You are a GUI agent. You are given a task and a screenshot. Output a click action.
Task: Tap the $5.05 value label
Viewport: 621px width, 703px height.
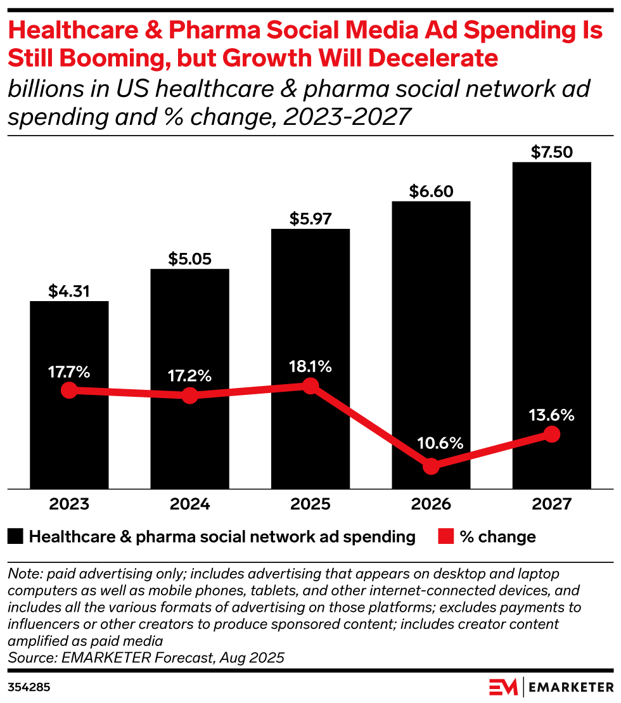pos(189,259)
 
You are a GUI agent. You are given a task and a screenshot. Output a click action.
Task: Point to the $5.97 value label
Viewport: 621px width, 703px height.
pos(310,219)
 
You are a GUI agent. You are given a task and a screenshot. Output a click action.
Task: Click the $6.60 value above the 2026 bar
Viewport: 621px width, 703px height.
pos(431,191)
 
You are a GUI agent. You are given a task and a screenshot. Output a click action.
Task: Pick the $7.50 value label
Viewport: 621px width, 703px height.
pos(551,152)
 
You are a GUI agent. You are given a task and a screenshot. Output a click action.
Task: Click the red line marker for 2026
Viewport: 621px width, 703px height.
pos(431,466)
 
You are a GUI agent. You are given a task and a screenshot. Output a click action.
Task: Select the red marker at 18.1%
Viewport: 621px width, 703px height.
pos(310,385)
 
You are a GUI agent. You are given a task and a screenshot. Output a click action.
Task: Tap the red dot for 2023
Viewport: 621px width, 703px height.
pos(69,390)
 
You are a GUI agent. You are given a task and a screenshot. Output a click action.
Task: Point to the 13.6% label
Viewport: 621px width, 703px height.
pos(551,415)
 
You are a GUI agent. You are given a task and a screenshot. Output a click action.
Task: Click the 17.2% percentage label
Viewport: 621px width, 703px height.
pos(189,375)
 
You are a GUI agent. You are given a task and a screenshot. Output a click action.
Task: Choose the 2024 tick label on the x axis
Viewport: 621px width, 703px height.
pos(189,505)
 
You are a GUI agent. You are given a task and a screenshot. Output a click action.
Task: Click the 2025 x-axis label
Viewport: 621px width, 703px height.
pos(310,505)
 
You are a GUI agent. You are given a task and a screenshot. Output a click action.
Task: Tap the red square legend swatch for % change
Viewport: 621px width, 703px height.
pos(445,537)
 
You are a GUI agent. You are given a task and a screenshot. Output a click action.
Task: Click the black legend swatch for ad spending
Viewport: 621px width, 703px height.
pos(16,537)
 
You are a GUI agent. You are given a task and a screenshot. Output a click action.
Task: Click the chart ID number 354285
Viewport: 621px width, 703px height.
pos(29,687)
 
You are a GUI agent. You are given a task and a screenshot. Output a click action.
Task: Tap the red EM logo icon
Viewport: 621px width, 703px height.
pos(503,687)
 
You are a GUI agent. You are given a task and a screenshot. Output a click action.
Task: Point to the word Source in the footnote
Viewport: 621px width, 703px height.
pos(28,657)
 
